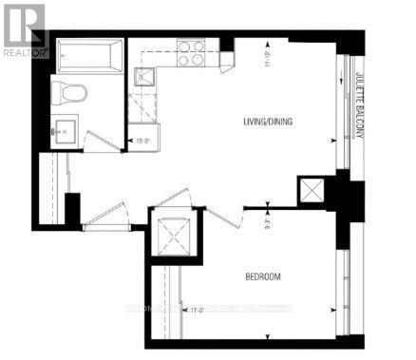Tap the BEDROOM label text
pyautogui.click(x=262, y=277)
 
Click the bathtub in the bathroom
pyautogui.click(x=87, y=57)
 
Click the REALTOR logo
pyautogui.click(x=24, y=29)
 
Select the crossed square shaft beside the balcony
pyautogui.click(x=312, y=191)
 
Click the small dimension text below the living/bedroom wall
pyautogui.click(x=270, y=224)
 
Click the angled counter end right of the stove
pyautogui.click(x=226, y=59)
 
